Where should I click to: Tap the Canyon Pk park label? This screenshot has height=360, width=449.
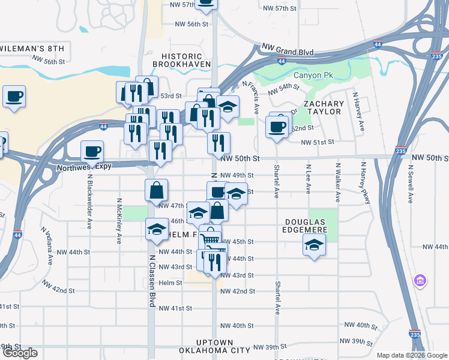click(313, 75)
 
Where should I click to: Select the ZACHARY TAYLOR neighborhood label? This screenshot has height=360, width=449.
click(324, 107)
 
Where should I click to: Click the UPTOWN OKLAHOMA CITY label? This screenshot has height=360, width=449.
click(214, 346)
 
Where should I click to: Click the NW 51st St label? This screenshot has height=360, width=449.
click(317, 142)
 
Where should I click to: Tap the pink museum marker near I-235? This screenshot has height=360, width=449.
click(420, 280)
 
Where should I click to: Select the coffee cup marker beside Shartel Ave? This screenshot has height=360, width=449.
click(277, 127)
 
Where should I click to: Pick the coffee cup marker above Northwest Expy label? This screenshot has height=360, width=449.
click(92, 151)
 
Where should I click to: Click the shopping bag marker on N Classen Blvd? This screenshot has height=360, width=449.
click(156, 190)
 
